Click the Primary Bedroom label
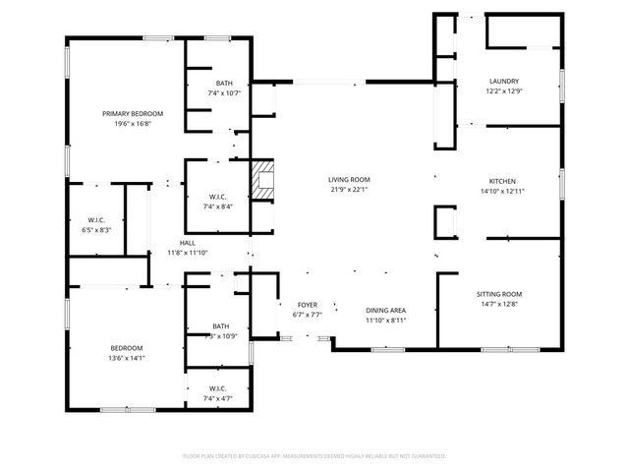pos(133,114)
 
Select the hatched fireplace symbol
pos(262,181)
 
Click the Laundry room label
pos(504,81)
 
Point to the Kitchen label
pos(503,181)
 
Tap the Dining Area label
pos(386,311)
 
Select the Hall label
pos(187,243)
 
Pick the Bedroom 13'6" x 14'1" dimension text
pos(126,359)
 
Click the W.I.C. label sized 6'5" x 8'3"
pos(96,230)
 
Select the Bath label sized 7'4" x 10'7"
pos(223,92)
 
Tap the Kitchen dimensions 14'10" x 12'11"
pos(503,191)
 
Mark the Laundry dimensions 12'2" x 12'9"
pos(504,91)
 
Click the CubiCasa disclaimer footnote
pos(314,456)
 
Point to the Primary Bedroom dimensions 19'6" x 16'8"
pos(133,124)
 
